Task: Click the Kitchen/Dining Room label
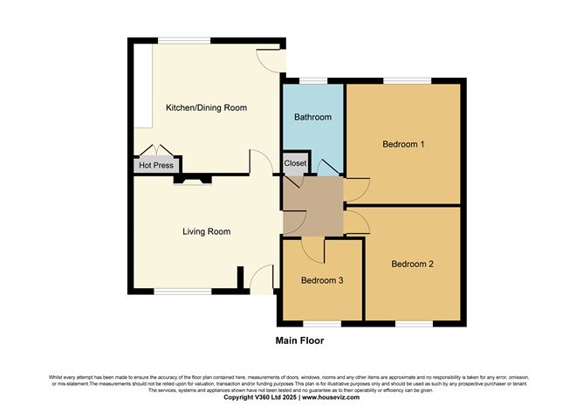click(206, 108)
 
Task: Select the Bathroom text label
click(312, 117)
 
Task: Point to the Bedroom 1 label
click(403, 144)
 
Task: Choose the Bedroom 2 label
click(412, 264)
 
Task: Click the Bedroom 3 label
click(322, 281)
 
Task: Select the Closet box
click(295, 163)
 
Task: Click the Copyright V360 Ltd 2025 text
click(258, 397)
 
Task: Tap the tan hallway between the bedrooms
click(311, 205)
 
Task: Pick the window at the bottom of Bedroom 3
click(320, 322)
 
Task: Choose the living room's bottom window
click(183, 292)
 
